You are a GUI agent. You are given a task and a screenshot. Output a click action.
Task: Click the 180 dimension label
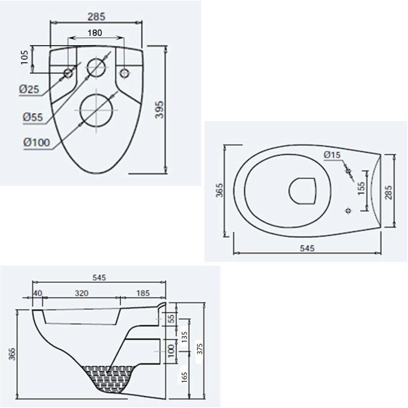point(95,33)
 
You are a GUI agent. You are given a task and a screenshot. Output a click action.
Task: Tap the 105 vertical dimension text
point(24,57)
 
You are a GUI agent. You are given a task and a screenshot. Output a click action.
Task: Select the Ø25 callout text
point(29,89)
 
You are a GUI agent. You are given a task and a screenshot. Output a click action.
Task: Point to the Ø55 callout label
point(33,118)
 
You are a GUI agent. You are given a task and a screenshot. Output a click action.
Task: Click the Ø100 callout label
point(36,142)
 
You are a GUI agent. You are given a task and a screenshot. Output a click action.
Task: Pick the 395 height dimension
point(159,109)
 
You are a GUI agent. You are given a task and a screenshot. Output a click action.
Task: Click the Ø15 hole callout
point(332,155)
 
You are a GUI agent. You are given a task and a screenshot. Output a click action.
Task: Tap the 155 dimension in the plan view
point(361,188)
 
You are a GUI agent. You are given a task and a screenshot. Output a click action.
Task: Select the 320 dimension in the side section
point(82,293)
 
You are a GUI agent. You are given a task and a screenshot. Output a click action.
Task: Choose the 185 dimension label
point(143,293)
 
